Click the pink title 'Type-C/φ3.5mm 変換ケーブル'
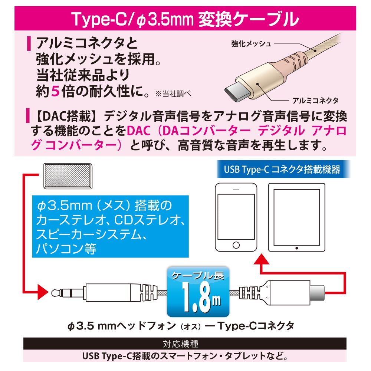185,19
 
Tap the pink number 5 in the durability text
55,91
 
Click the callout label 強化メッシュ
251,44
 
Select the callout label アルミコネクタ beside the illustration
315,101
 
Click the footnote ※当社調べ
173,94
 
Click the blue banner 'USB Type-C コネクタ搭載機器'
283,169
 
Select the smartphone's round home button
236,245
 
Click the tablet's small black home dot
297,248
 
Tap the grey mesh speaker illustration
68,176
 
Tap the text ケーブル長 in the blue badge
198,275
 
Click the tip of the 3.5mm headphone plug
53,293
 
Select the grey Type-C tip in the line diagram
317,293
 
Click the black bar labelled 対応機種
185,344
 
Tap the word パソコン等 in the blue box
66,249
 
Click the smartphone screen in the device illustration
236,217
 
